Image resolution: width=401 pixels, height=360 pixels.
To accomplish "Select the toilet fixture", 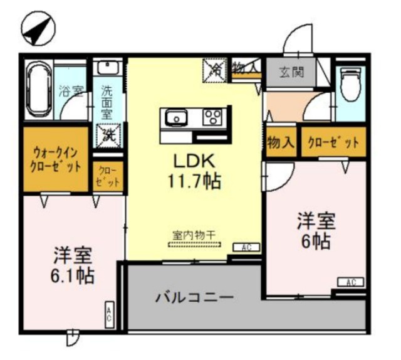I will click(349, 84).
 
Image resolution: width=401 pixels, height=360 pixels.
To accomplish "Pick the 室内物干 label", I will click(194, 235).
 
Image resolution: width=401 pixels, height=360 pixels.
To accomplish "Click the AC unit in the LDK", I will click(246, 248).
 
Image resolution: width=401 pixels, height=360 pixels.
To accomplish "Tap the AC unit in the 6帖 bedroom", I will click(351, 282).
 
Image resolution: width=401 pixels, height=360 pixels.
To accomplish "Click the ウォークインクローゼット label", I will click(56, 160).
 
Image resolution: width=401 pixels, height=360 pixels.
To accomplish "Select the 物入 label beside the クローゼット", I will click(280, 142).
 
